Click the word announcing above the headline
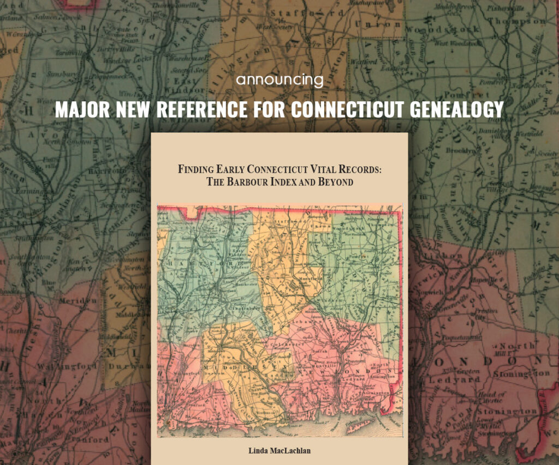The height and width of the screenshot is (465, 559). coord(279,81)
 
